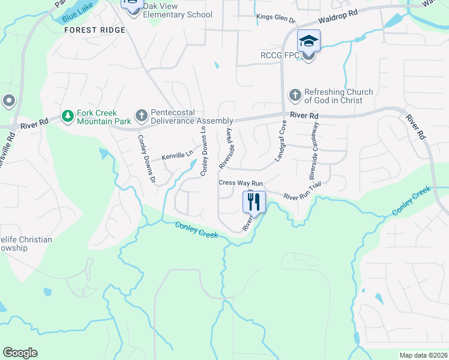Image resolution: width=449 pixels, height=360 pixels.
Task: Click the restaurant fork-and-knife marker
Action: point(253,202)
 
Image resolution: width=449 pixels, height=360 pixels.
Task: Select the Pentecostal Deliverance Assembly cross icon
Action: point(141,115)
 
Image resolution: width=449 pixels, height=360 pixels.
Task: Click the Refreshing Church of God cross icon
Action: point(295,95)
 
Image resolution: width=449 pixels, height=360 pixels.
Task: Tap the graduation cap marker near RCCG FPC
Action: point(309,41)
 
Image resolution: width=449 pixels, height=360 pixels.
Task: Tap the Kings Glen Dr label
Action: point(276,19)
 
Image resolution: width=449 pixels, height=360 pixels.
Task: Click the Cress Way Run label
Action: point(241,182)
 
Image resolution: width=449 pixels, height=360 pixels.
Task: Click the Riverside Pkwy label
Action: point(226,147)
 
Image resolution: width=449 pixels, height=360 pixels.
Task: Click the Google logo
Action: point(20,353)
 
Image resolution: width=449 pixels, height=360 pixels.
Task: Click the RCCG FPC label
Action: point(280,56)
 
